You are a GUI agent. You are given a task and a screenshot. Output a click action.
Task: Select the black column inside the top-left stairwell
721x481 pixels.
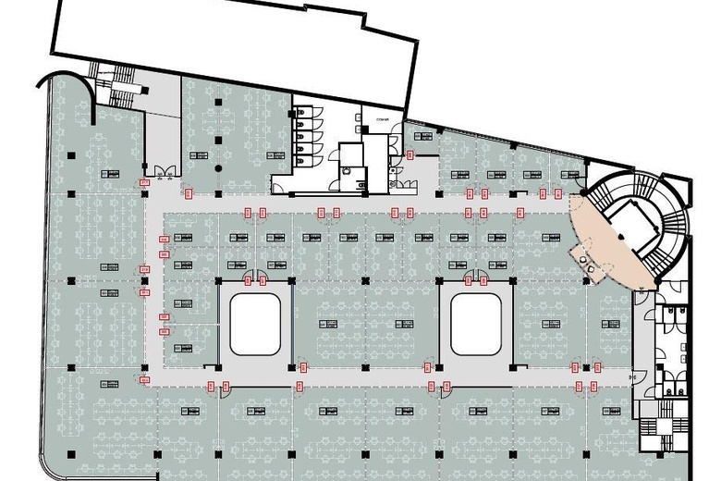click(x=145, y=89)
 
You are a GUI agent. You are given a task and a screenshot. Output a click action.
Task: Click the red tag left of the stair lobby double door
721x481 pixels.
click(x=144, y=183)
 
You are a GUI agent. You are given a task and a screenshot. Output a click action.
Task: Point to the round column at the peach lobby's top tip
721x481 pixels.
click(x=583, y=192)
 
